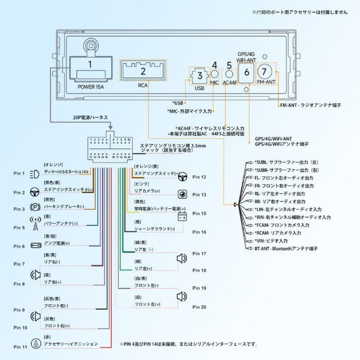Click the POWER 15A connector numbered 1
pos(90,68)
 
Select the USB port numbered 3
pos(199,77)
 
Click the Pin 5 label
pos(19,228)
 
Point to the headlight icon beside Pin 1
pos(35,173)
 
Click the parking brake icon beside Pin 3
pos(35,209)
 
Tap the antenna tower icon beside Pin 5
pos(35,227)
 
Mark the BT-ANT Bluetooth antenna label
pos(285,248)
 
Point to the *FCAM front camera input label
pos(282,224)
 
